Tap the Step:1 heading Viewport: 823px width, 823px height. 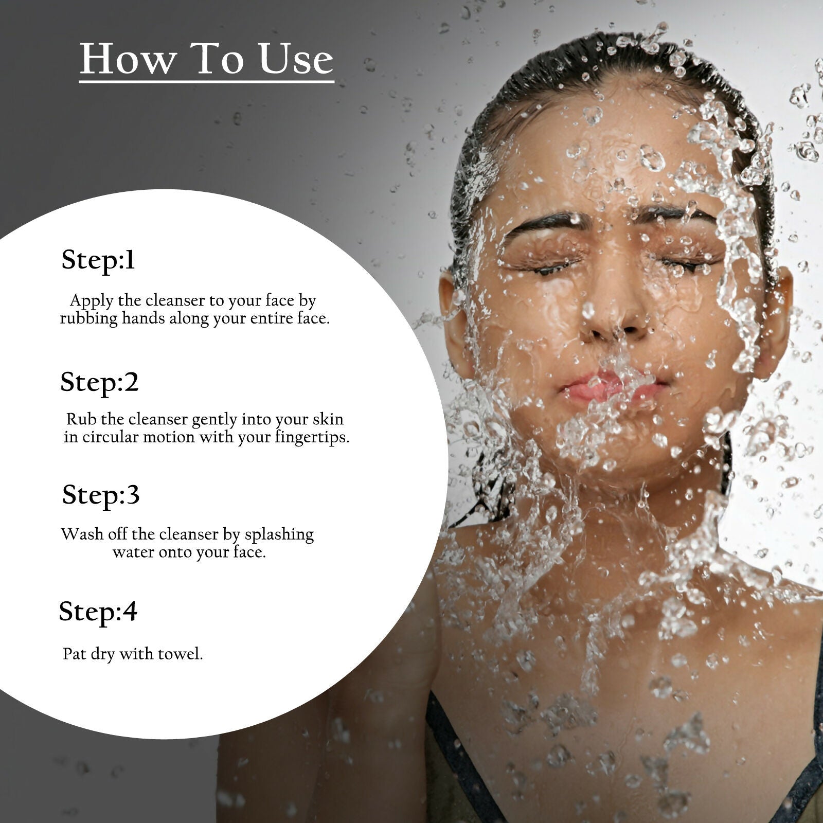[98, 260]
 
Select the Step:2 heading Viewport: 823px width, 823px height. [99, 382]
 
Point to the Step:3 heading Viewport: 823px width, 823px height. [101, 495]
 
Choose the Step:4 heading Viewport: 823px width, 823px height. [98, 612]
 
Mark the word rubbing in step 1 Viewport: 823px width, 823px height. [89, 319]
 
